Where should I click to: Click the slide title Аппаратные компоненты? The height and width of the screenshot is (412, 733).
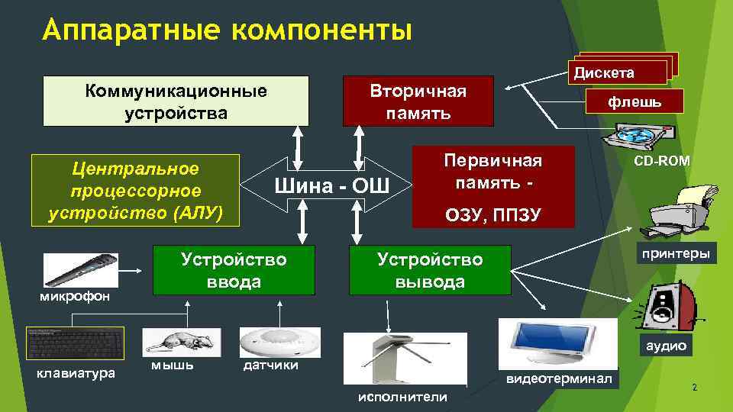[228, 31]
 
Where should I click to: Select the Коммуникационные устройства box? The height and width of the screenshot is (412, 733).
[176, 101]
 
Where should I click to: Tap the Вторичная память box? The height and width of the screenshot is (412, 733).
[418, 101]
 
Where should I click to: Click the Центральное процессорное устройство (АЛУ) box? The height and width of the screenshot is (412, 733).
[135, 190]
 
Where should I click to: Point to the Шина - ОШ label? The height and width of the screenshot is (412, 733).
[331, 185]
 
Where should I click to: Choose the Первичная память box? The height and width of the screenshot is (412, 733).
[492, 187]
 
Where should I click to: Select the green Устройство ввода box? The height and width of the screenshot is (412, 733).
[234, 270]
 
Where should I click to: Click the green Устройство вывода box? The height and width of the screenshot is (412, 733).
[429, 270]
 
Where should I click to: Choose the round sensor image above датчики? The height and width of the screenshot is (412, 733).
[279, 341]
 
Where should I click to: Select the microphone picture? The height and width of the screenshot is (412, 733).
[80, 269]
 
